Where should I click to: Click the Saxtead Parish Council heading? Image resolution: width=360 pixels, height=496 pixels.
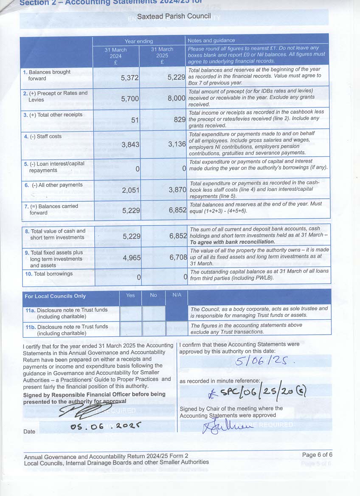coord(180,17)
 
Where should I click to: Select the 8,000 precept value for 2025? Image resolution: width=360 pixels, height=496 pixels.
coord(176,98)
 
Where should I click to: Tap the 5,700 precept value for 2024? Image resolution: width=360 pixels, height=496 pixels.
coord(130,99)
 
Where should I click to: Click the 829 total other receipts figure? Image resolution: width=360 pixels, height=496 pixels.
coord(179,120)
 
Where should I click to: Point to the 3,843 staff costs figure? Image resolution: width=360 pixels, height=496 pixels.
coord(130,145)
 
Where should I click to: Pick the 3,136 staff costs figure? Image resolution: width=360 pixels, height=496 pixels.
coord(177,144)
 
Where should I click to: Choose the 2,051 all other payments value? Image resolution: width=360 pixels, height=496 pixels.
coord(130,190)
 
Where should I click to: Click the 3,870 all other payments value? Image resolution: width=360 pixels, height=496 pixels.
coord(177,190)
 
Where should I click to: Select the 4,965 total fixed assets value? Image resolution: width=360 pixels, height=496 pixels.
coord(130,257)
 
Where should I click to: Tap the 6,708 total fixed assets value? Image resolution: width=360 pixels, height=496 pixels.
coord(177,257)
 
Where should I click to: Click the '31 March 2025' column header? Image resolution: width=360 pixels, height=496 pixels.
coord(162,56)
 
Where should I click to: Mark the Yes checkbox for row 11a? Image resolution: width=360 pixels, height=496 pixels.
coord(130,313)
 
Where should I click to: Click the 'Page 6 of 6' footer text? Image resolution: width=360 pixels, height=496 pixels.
coord(317,455)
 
